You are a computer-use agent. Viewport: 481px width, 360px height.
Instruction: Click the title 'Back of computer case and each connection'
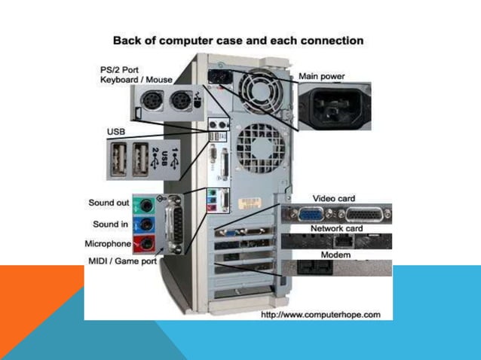coord(237,40)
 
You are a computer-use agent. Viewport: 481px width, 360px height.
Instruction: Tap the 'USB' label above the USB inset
coord(116,132)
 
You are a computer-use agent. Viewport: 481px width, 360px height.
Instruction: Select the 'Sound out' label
coord(108,203)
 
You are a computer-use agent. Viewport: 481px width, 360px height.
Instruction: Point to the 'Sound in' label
coord(109,224)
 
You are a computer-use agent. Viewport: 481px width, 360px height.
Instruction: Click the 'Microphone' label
coord(107,244)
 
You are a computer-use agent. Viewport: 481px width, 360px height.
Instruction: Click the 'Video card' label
coord(333,198)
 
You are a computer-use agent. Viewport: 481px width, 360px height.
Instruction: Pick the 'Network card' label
coord(336,228)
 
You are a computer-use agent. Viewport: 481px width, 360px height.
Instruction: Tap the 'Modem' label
coord(335,255)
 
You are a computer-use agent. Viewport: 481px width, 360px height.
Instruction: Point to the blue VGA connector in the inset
coord(311,212)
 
